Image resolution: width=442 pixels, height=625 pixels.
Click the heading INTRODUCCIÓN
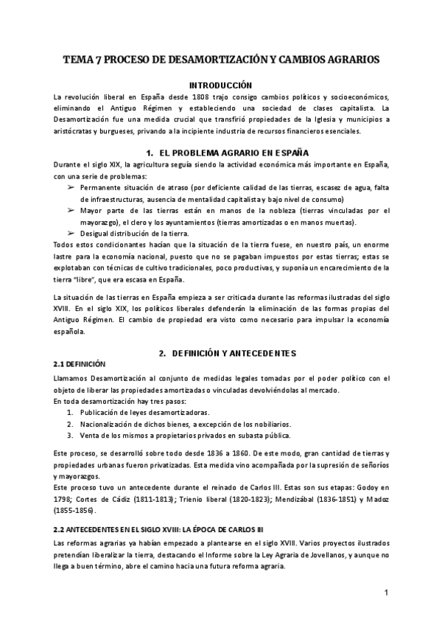click(220, 85)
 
